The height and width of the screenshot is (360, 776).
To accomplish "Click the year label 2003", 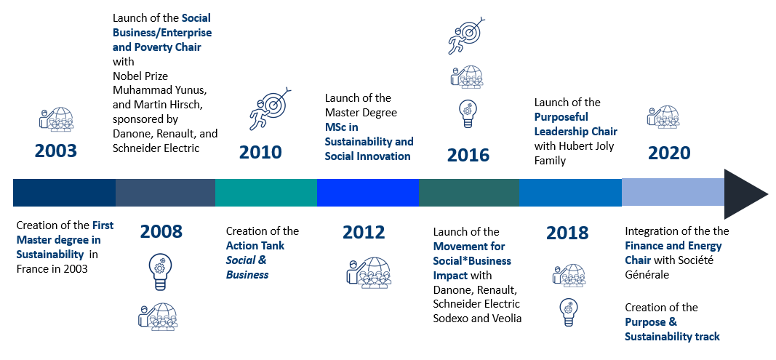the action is (x=55, y=151).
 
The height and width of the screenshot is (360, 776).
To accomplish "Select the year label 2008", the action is (x=161, y=231).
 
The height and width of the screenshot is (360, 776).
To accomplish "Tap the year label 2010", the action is (x=260, y=153).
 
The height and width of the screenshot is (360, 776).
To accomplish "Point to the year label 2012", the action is (x=363, y=232).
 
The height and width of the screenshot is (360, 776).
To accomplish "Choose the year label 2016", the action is (x=468, y=155).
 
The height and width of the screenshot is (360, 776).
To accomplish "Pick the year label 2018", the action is (x=568, y=233).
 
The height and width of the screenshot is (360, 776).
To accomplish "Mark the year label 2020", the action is (x=668, y=153).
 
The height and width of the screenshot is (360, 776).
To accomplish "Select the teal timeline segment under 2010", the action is (x=266, y=193).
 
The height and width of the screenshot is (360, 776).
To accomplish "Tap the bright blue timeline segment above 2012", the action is (x=368, y=193).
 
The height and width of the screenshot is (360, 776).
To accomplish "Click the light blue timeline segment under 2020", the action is (x=673, y=193).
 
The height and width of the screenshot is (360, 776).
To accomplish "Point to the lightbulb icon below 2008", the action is (x=160, y=272).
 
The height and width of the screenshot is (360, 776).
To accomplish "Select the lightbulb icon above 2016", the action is (x=467, y=113).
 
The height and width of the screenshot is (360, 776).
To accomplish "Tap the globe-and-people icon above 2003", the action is (x=57, y=119).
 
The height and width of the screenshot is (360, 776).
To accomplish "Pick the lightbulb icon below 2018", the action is (x=568, y=313).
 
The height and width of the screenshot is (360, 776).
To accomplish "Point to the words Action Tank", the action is (x=255, y=246).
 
